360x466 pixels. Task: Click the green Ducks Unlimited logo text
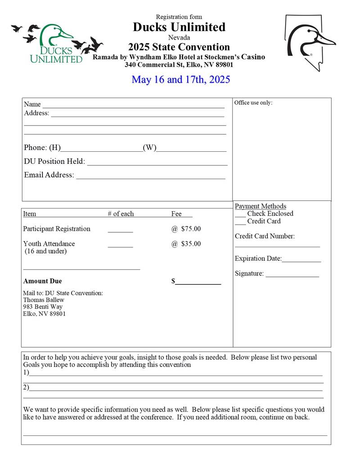[x=56, y=54]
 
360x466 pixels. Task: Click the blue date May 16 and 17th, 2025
[x=181, y=80]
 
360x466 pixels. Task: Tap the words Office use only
[x=253, y=103]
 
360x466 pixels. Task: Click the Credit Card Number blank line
[x=277, y=246]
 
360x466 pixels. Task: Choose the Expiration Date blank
[x=301, y=261]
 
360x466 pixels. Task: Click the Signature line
[x=292, y=276]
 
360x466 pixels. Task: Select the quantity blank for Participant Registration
[x=120, y=231]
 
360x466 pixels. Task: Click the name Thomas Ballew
[x=44, y=300]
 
